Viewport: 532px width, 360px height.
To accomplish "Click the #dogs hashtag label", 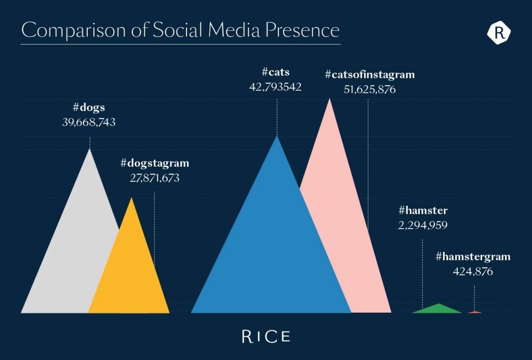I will click(89, 108).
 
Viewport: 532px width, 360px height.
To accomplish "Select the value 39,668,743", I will click(89, 123).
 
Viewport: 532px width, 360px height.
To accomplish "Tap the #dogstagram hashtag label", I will click(155, 163).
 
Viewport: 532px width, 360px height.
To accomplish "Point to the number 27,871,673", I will click(155, 178).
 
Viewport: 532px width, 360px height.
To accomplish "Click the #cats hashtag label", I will click(276, 72).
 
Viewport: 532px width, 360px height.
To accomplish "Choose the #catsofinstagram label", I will click(370, 74).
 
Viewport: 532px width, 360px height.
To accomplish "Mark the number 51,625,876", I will click(370, 89).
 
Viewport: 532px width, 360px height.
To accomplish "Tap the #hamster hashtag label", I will click(423, 210).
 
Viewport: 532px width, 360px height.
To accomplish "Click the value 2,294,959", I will click(423, 225).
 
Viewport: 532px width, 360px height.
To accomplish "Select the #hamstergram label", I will click(473, 257).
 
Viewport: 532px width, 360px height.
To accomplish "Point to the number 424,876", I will click(473, 271).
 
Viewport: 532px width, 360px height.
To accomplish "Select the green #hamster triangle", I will click(438, 309).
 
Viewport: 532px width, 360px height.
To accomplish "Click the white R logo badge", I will click(499, 33).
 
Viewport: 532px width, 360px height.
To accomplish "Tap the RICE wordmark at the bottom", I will click(266, 336).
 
